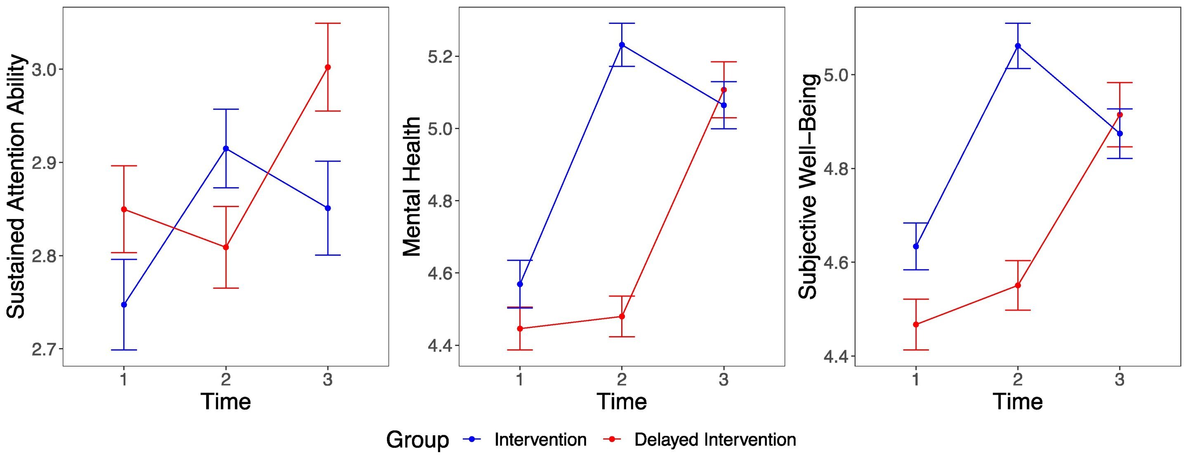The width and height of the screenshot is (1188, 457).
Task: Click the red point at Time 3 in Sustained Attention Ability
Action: tap(328, 67)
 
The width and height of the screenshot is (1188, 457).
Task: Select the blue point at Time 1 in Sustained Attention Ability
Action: tap(124, 305)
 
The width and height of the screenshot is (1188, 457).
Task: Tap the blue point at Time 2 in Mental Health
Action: tap(622, 45)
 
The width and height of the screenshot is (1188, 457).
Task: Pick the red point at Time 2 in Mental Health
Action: tap(622, 316)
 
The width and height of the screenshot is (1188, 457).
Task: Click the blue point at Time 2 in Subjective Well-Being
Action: tap(1018, 46)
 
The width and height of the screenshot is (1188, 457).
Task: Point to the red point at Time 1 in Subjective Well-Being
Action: tap(916, 325)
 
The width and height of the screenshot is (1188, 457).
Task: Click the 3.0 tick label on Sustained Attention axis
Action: tap(44, 70)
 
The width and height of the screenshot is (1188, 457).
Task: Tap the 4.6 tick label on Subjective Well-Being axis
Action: tap(836, 262)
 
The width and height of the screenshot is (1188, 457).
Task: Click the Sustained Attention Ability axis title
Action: tap(16, 186)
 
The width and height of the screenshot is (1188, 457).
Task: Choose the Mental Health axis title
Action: tap(412, 186)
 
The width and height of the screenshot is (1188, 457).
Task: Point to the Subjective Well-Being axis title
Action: tap(808, 186)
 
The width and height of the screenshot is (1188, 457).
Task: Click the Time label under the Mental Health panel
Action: tap(622, 401)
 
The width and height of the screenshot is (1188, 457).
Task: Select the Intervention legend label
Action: tap(540, 440)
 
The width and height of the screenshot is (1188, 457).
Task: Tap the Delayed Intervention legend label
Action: tap(715, 440)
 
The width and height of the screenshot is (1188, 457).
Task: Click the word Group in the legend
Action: tap(417, 440)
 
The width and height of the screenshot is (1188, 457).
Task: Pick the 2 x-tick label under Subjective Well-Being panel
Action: tap(1018, 380)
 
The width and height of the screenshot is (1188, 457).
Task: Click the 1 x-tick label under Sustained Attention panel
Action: tap(124, 380)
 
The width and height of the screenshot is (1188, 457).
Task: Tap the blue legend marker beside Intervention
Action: tap(472, 440)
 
